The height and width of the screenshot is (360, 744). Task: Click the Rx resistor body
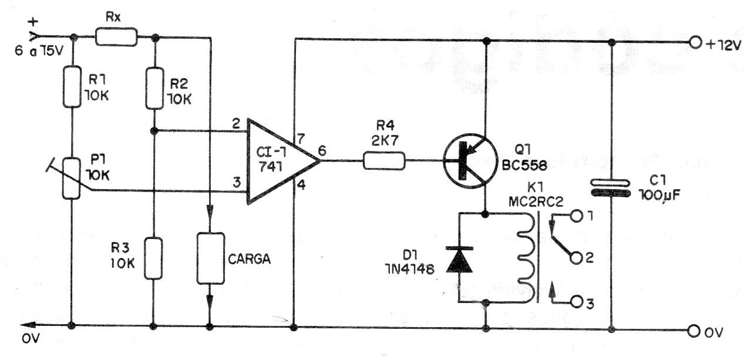point(116,36)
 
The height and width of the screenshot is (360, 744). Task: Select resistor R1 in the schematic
point(72,87)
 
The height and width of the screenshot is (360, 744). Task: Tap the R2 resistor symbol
point(155,88)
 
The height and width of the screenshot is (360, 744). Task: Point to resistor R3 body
point(153,258)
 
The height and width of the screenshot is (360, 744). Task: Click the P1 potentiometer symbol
point(72,179)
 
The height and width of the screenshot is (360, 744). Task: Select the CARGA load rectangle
point(211,258)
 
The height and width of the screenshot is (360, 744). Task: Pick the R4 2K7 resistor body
point(384,161)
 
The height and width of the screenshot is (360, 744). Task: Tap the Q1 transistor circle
point(470,161)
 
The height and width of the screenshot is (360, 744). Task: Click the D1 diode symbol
point(459,260)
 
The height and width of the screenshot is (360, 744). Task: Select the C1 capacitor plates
point(611,189)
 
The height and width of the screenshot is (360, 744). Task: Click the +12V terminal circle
point(695,43)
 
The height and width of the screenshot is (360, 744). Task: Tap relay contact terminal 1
point(577,216)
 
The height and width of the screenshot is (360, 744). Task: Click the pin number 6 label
point(322,151)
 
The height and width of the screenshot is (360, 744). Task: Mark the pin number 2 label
point(236,124)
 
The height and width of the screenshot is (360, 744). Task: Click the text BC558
point(524,166)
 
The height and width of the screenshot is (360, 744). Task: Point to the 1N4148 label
point(409,269)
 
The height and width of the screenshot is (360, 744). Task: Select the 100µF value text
point(659,195)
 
